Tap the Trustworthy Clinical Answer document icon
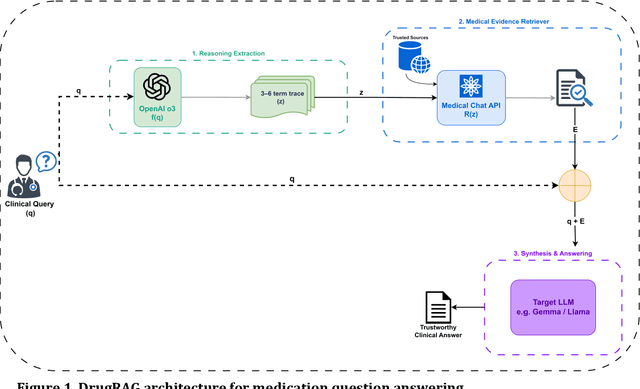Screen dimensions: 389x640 click(x=436, y=306)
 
